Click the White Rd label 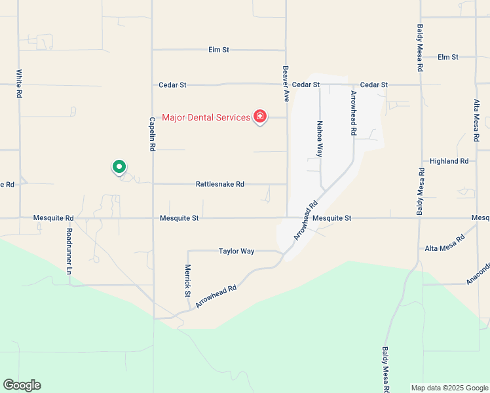[20, 84]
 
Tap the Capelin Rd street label [152, 134]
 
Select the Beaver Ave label [286, 83]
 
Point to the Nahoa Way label [320, 138]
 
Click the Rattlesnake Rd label [220, 185]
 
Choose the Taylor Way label [236, 251]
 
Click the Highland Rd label [449, 160]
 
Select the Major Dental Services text [206, 118]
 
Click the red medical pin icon [260, 117]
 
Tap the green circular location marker [119, 167]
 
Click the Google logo [22, 385]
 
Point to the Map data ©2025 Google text [449, 388]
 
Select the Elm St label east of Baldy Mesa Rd [448, 57]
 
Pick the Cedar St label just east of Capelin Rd [173, 85]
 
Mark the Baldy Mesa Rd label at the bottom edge [386, 370]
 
